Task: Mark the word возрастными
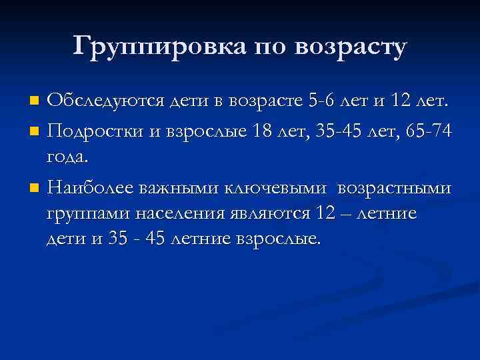click(x=394, y=189)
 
